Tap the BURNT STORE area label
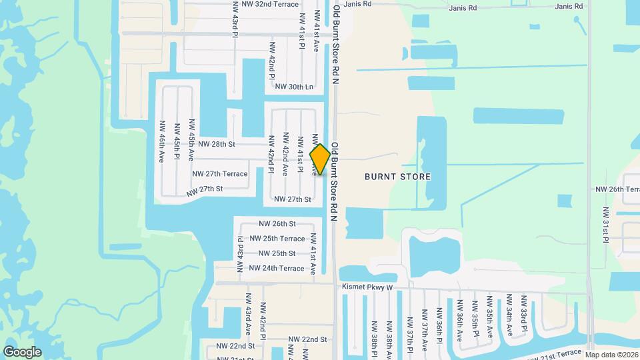397,177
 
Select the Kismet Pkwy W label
367,287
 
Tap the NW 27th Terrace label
219,174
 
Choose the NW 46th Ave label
162,142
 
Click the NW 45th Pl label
177,142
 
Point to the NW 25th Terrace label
277,239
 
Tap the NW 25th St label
277,253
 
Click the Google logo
22,352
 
